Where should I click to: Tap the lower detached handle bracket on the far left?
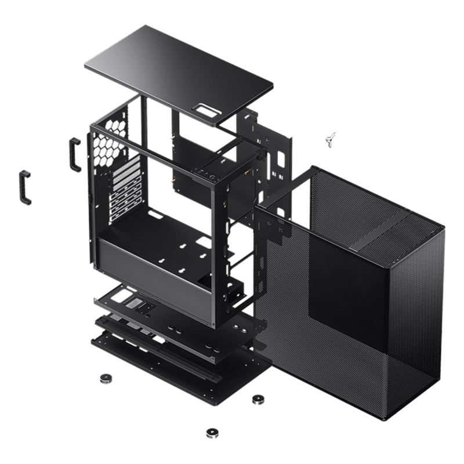click(26, 187)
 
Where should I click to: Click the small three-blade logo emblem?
click(332, 138)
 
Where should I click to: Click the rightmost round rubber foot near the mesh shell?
click(257, 399)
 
